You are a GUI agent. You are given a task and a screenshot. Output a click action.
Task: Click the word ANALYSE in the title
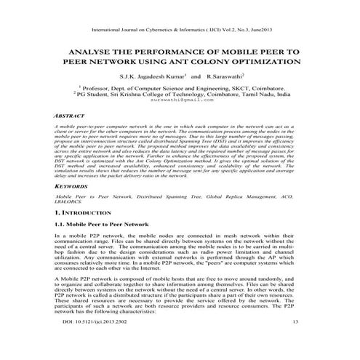click(x=89, y=54)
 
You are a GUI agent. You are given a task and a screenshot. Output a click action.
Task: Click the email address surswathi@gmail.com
click(x=180, y=100)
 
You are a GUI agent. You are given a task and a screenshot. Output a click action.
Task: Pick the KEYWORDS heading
click(x=71, y=187)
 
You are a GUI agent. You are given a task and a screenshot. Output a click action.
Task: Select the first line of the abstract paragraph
click(x=180, y=127)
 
